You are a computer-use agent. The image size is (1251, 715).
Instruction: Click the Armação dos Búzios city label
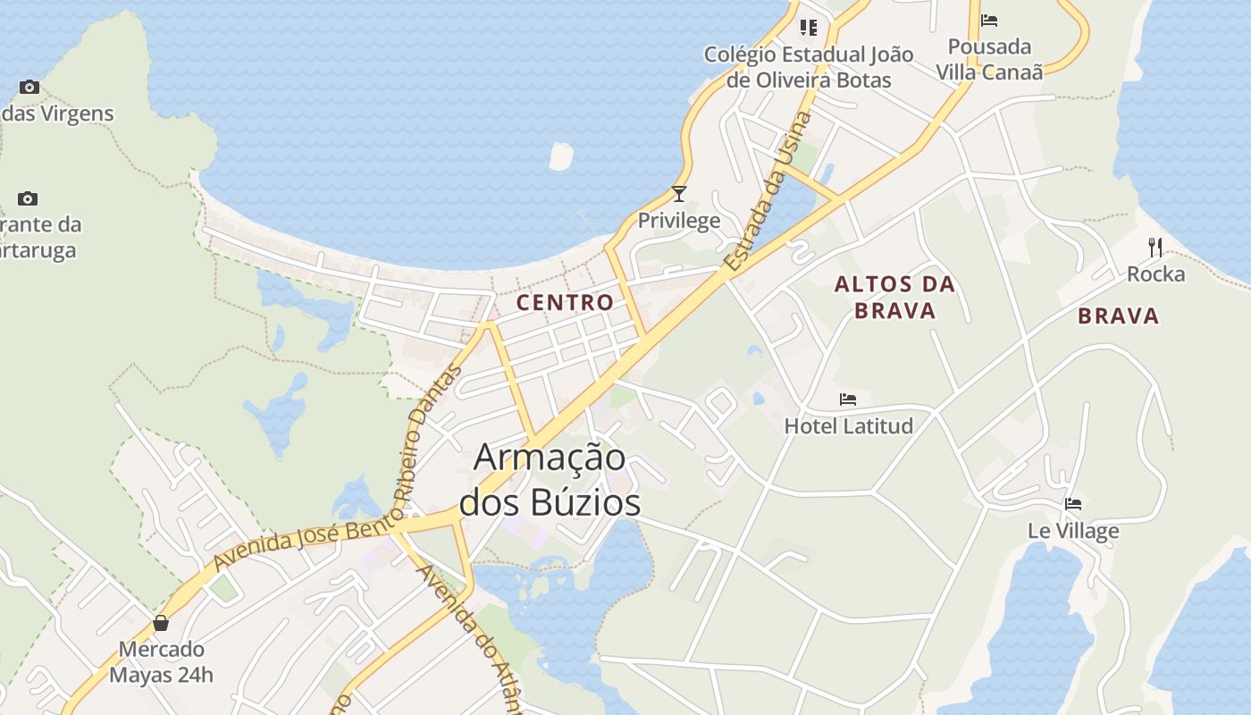[x=550, y=479]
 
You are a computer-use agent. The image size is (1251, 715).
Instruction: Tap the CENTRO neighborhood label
[x=565, y=302]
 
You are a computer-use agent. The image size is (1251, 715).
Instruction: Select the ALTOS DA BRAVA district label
[x=894, y=298]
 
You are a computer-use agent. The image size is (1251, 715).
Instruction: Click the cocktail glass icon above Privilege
[x=679, y=193]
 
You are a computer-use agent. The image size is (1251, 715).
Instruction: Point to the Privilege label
[x=679, y=221]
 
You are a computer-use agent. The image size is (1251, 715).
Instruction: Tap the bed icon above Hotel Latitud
[x=848, y=399]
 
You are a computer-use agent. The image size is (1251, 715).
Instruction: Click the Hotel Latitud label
[x=848, y=426]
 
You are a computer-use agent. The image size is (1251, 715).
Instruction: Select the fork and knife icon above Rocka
[x=1155, y=247]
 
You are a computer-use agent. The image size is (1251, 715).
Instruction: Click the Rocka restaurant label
[x=1155, y=274]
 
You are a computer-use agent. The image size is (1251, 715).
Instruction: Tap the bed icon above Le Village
[x=1073, y=504]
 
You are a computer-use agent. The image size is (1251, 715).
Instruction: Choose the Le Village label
[x=1073, y=531]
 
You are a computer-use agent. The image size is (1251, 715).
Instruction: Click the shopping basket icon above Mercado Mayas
[x=161, y=622]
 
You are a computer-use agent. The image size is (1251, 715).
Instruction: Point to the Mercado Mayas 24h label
[x=162, y=661]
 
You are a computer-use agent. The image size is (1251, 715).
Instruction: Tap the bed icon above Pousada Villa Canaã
[x=989, y=20]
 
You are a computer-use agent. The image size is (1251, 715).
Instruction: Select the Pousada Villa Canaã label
[x=989, y=59]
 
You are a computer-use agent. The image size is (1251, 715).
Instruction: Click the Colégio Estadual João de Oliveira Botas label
[x=809, y=67]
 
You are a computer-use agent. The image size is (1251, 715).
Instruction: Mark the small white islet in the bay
[x=560, y=156]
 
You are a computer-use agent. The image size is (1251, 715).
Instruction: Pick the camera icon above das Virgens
[x=29, y=87]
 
